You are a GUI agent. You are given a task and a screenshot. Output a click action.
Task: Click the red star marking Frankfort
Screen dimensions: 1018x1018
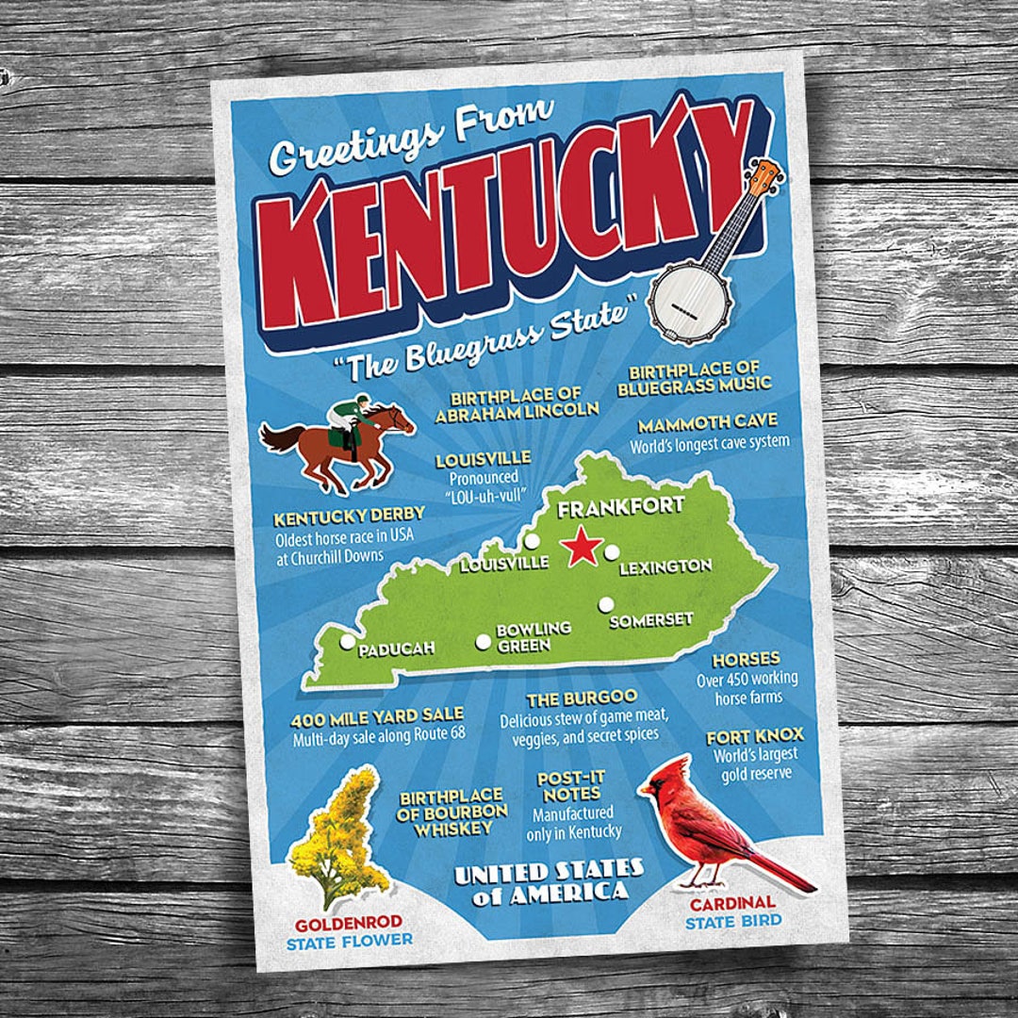tap(582, 547)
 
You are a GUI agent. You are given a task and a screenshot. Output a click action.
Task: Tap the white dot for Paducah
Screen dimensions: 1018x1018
tap(347, 642)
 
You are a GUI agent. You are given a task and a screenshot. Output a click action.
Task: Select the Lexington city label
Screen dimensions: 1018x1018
tap(665, 566)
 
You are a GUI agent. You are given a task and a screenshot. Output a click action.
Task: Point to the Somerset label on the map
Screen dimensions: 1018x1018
tap(651, 620)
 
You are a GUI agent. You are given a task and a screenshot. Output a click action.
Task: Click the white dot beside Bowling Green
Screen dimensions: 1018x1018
tap(484, 642)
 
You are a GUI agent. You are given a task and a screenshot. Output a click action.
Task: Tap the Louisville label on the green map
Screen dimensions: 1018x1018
tap(503, 564)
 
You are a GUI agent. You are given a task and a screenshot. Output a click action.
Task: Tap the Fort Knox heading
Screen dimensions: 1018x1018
tap(755, 735)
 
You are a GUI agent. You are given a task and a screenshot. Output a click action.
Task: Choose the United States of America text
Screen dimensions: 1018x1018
tap(549, 880)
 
